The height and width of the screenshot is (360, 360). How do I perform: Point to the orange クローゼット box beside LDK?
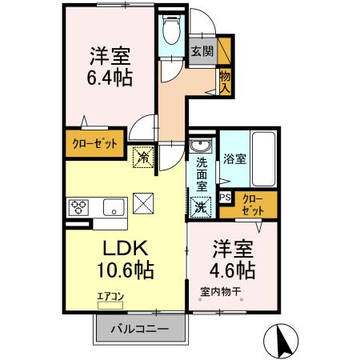tap(94, 145)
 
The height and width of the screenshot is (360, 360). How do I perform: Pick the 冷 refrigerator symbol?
tap(143, 158)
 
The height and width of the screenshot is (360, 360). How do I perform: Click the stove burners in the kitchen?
tap(81, 206)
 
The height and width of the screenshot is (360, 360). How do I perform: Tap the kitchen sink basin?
tap(114, 206)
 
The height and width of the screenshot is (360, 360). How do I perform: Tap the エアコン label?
tap(109, 296)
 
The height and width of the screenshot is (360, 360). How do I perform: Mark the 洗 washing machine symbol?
tap(199, 205)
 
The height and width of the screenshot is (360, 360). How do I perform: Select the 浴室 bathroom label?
tap(234, 158)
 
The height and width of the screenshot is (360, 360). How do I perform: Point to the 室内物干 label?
tap(221, 290)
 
